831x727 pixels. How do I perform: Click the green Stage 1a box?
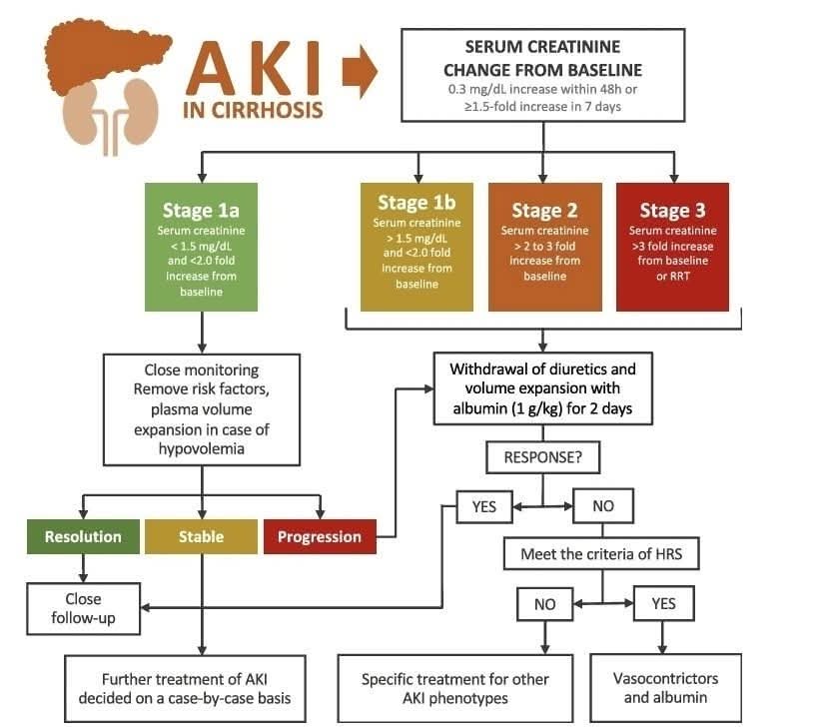202,247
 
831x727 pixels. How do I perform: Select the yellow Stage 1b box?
415,247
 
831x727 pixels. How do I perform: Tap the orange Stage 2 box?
544,247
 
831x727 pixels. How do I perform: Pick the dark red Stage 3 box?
672,247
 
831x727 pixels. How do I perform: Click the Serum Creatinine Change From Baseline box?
542,75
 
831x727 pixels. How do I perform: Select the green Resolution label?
83,536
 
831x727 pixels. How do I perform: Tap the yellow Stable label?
201,536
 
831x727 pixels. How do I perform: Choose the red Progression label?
320,536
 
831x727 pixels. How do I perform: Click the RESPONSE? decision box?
542,458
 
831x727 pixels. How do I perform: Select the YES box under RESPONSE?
483,506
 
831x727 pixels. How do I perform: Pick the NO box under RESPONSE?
603,506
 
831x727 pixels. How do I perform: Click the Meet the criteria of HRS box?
601,552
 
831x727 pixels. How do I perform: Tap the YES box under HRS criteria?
663,603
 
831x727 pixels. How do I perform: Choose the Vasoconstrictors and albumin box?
666,687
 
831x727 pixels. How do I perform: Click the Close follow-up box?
84,608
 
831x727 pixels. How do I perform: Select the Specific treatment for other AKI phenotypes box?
455,687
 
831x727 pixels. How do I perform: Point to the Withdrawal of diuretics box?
542,388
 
